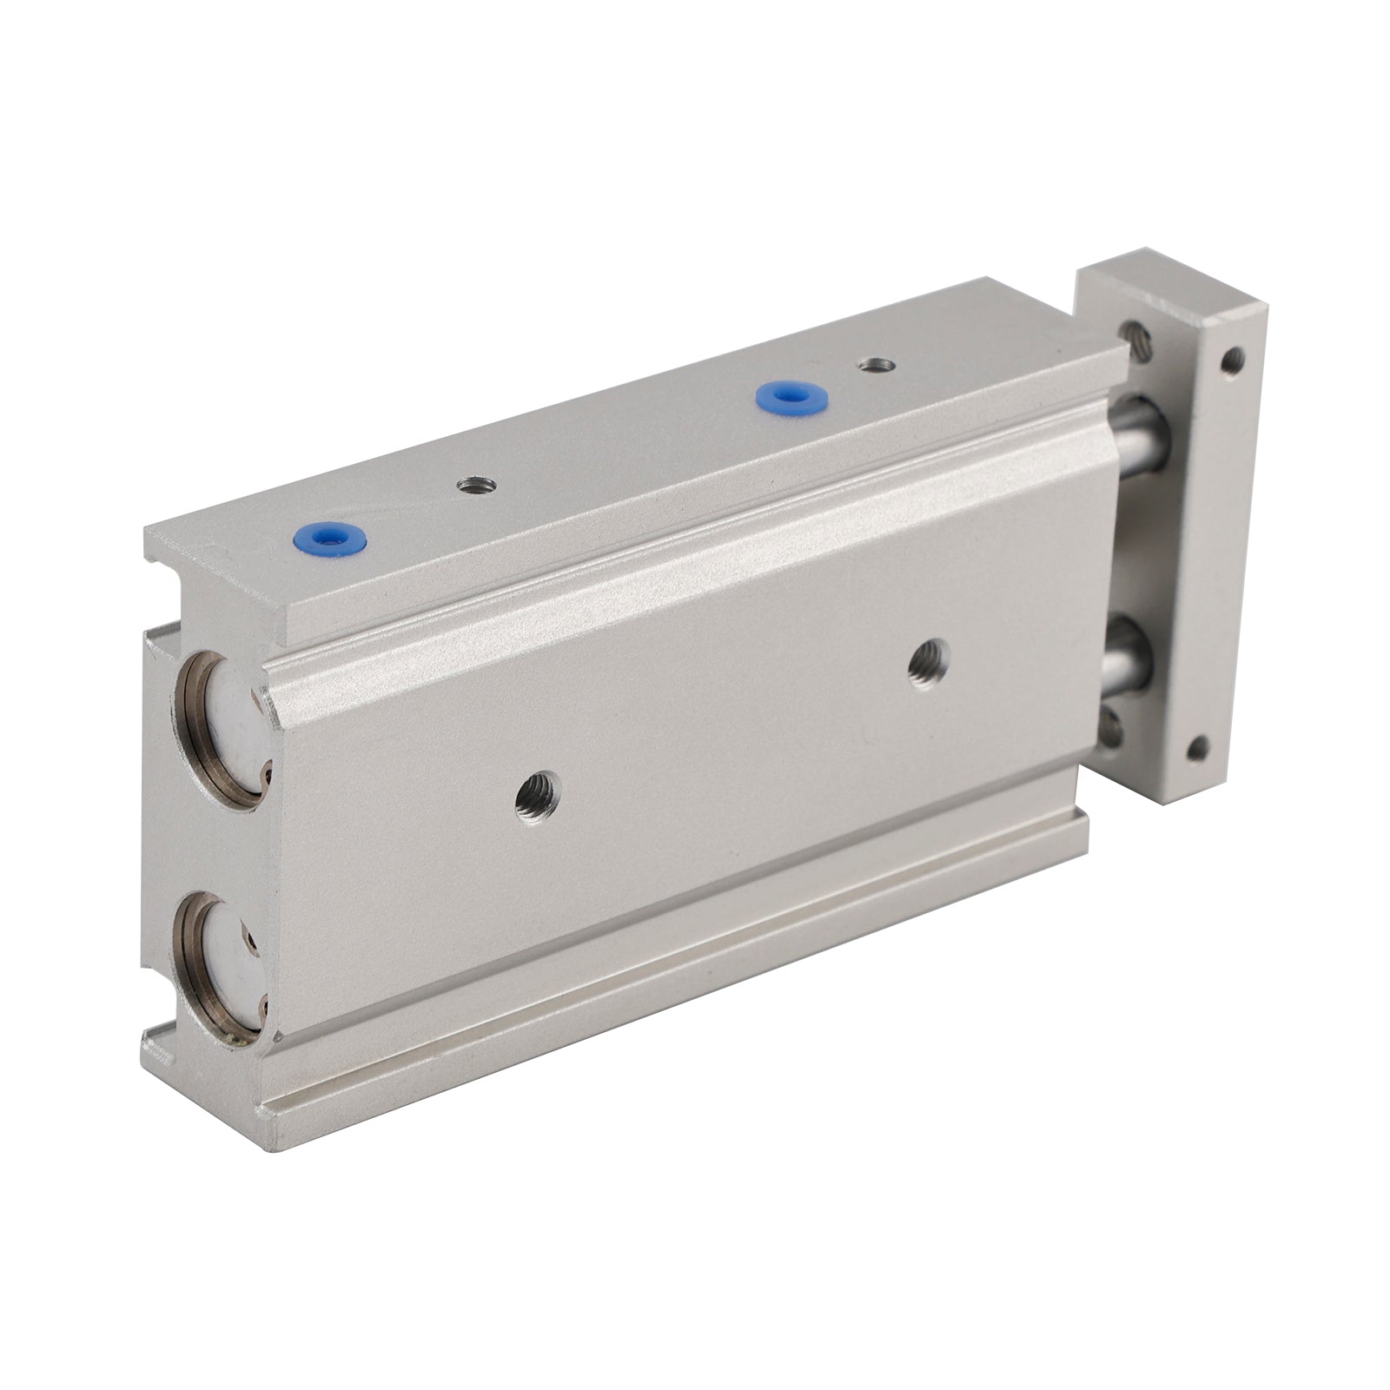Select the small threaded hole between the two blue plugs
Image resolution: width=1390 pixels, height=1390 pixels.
click(476, 485)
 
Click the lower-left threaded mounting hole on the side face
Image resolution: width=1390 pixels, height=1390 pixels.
click(537, 792)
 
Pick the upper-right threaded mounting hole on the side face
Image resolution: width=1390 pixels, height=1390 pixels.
click(928, 665)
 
